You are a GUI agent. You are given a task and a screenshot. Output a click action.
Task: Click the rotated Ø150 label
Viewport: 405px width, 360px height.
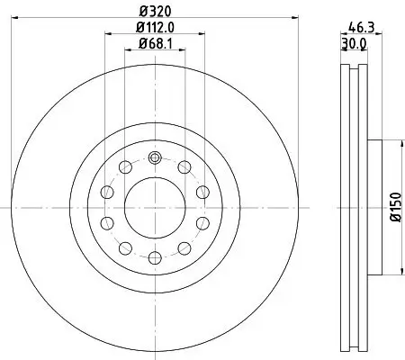393,208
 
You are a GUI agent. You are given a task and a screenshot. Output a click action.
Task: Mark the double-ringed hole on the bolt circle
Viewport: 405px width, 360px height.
154,158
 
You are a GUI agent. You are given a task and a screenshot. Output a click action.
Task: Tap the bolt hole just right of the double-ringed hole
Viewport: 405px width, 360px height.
184,168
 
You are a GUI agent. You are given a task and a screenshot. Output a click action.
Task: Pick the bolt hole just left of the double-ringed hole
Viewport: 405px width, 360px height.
123,168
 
